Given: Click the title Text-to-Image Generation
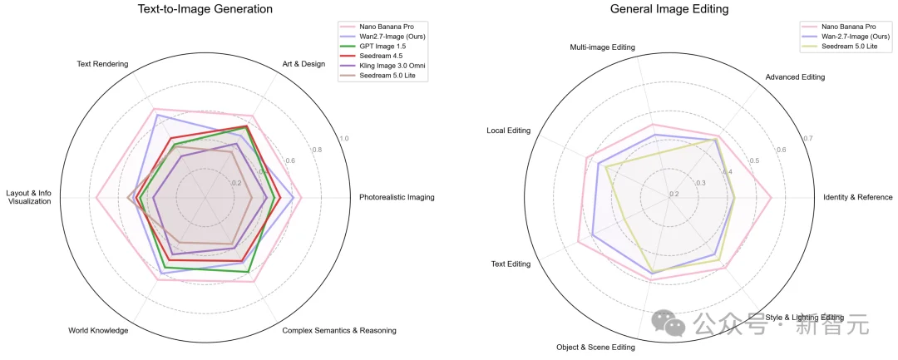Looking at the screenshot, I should point(205,9).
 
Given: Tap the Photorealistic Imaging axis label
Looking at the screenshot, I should point(397,198).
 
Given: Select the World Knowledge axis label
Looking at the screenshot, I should point(98,331).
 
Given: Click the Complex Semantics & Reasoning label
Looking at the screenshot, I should point(339,331).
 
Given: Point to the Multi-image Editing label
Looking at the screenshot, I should point(602,47).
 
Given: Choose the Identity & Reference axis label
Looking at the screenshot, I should point(857,198).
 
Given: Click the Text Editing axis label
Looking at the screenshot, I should point(511,264).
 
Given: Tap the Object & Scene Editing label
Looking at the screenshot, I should point(596,348).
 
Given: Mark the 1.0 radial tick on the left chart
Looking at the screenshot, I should point(344,139).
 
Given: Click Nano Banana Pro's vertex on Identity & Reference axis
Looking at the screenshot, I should point(771,198).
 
